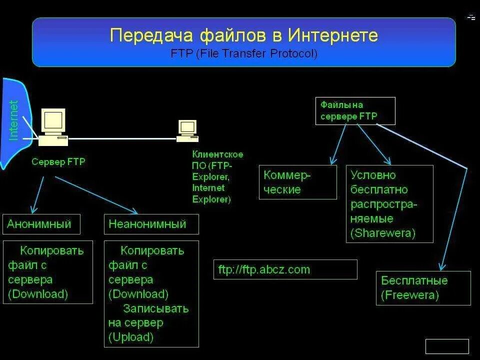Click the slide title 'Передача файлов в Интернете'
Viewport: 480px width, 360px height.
pos(243,36)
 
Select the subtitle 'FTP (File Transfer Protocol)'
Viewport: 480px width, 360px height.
pos(243,53)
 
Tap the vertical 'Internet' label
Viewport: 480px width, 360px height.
pos(13,120)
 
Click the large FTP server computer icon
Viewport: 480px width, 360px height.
pos(53,127)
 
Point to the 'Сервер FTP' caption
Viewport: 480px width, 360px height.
pos(58,162)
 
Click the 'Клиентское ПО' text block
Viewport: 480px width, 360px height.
pos(217,176)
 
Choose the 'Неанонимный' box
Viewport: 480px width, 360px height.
pos(151,224)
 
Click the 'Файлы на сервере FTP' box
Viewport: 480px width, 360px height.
pos(355,110)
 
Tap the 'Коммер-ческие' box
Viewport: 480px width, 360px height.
pos(297,182)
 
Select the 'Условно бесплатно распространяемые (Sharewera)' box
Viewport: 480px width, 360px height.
pos(389,203)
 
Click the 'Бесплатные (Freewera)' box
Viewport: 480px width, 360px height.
pos(423,287)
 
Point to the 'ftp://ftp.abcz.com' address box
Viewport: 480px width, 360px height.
pos(285,269)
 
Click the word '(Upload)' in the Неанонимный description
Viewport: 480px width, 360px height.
pos(131,337)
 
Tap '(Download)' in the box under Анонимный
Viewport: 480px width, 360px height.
pos(38,294)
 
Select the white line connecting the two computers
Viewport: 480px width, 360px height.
pos(122,138)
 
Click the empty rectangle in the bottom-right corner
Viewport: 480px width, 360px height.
pos(446,346)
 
